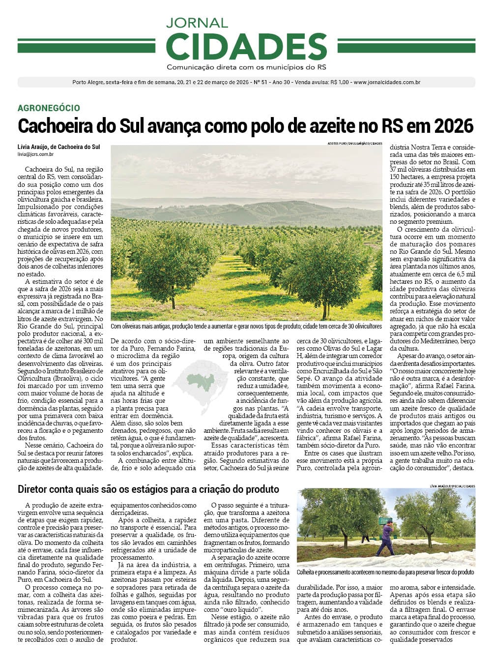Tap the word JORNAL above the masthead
click(x=197, y=23)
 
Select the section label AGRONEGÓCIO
click(x=49, y=108)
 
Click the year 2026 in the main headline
click(x=453, y=126)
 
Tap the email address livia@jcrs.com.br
click(x=35, y=154)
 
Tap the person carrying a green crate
click(x=386, y=539)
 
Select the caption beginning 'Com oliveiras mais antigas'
click(x=246, y=326)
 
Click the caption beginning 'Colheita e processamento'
click(x=385, y=572)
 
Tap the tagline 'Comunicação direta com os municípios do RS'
click(x=246, y=67)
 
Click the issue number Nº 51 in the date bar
click(x=259, y=83)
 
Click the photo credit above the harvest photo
click(x=452, y=486)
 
